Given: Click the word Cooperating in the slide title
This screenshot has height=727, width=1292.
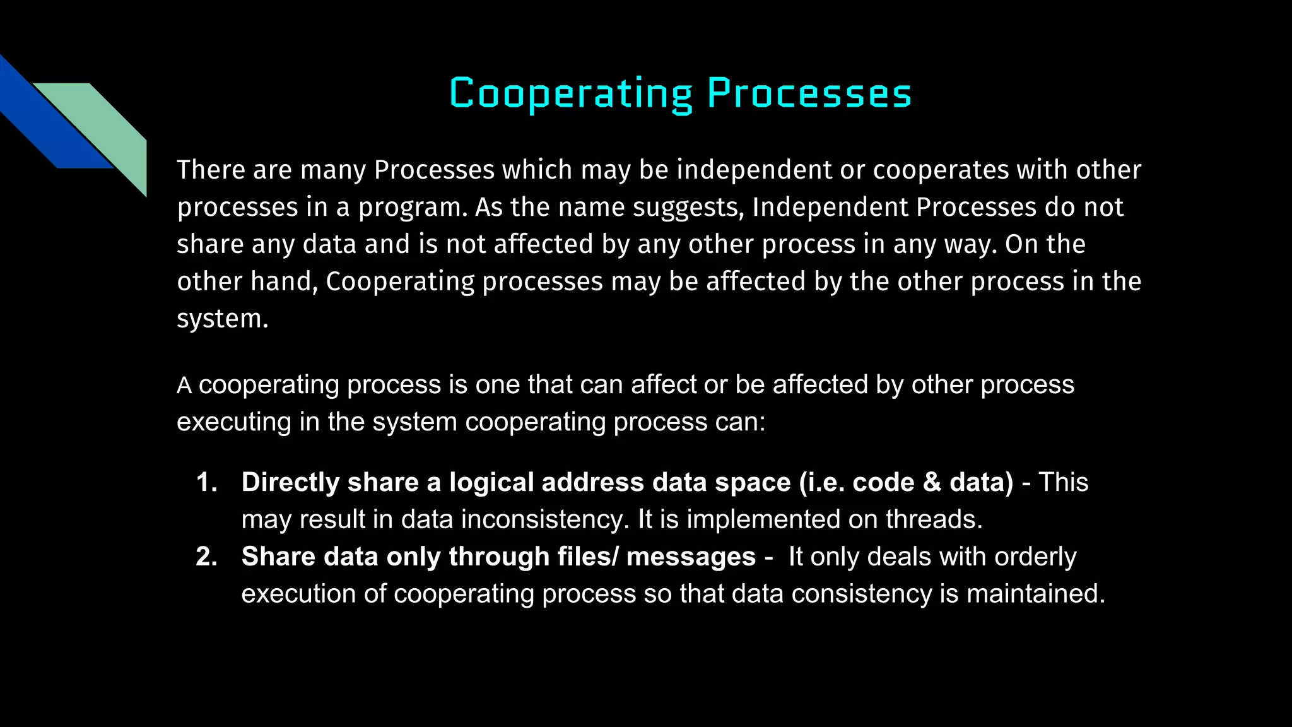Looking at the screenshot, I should (571, 94).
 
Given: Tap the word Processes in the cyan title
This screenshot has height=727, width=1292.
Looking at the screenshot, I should (809, 94).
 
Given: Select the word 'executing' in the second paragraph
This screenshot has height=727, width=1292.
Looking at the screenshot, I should (234, 422).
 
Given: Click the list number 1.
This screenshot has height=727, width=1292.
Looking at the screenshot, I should (206, 482).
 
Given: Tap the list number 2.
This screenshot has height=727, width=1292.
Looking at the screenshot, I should (206, 557).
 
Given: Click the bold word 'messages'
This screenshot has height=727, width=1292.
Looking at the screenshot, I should (691, 557).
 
